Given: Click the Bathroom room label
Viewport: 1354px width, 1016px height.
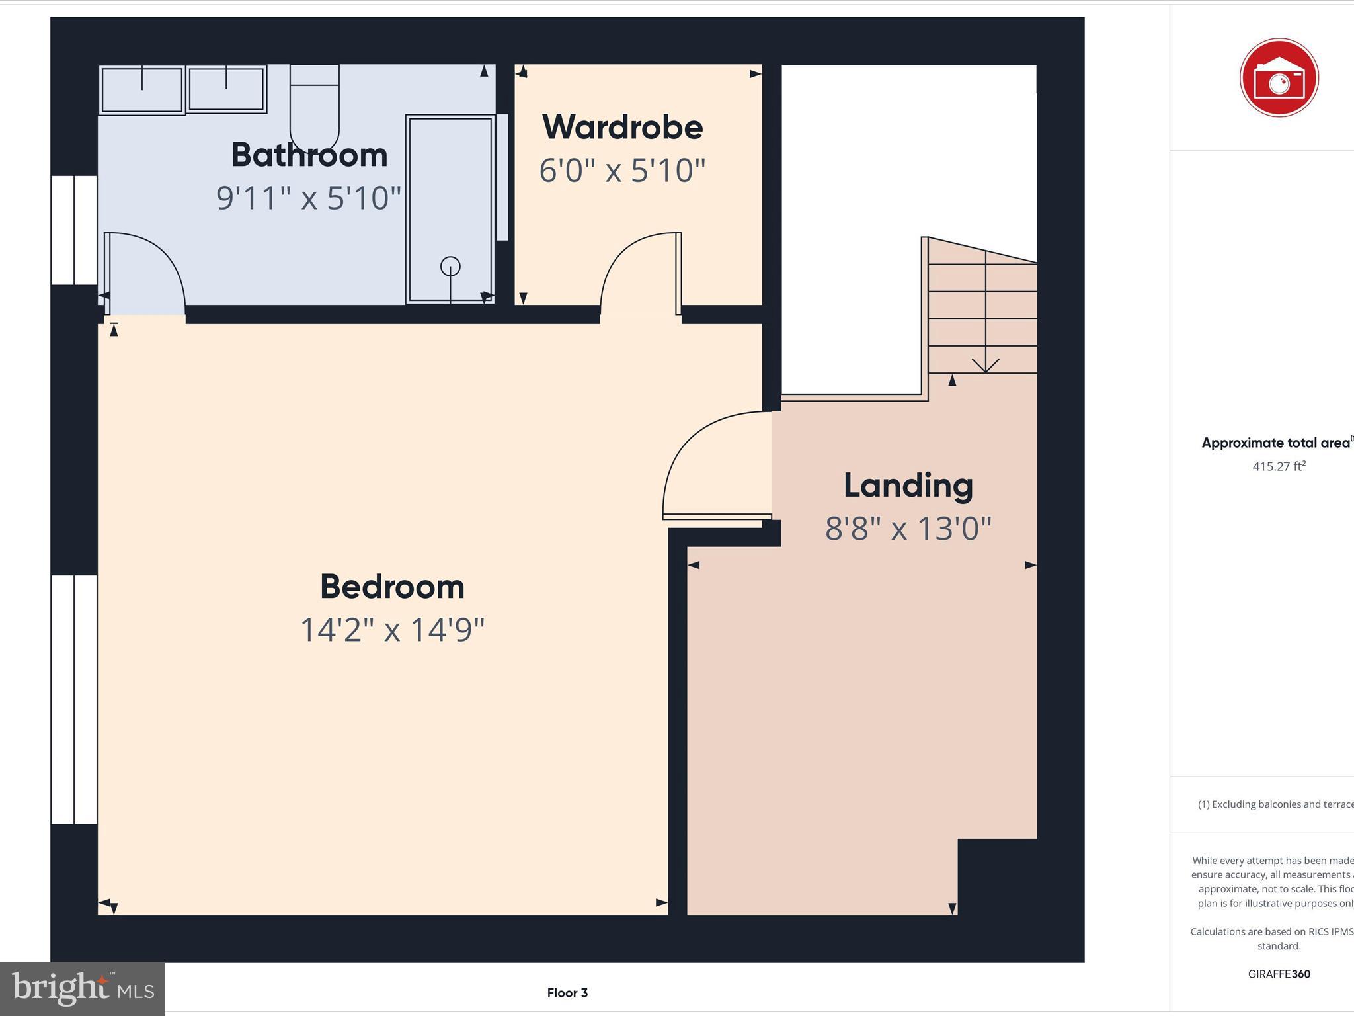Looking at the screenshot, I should (x=309, y=155).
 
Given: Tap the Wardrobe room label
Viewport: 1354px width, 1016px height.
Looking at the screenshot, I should (x=622, y=127).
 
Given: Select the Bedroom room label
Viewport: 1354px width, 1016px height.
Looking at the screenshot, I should (x=392, y=587).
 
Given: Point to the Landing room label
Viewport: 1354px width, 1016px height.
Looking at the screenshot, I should (x=908, y=486).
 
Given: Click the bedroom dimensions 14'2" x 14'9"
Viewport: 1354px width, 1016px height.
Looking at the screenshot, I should (x=392, y=629).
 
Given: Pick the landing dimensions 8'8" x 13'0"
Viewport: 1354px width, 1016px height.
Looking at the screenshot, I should (x=908, y=529).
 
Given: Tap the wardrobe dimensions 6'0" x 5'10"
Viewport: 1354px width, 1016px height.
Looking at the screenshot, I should (x=622, y=170).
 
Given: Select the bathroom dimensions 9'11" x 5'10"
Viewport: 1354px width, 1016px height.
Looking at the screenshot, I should (x=309, y=198).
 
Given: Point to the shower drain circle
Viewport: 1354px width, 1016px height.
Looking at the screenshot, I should (x=450, y=267).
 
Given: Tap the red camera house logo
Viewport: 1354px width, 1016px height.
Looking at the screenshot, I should (x=1279, y=78).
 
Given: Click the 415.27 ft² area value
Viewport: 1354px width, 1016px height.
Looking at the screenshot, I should (x=1279, y=466).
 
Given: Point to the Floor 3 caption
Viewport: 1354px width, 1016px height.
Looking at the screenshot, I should (x=567, y=992).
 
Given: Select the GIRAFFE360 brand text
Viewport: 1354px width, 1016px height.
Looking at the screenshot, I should (x=1279, y=974).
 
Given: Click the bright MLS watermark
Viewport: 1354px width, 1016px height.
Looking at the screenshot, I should (x=83, y=989).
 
